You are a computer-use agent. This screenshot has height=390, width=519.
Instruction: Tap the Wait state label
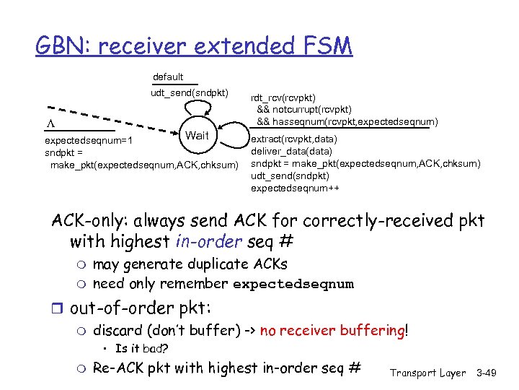(x=197, y=136)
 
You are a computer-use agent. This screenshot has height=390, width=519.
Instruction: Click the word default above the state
(x=168, y=77)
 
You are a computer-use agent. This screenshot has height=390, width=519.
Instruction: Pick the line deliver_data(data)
(x=291, y=151)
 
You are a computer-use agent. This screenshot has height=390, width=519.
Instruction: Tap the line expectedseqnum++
(x=295, y=188)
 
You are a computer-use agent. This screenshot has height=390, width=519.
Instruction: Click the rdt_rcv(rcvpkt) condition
(x=283, y=98)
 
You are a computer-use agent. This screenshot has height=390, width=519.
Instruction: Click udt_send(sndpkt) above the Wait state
(x=190, y=92)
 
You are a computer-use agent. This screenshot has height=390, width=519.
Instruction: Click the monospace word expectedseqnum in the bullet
(x=293, y=284)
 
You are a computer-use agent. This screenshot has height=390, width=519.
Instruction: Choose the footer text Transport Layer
(x=427, y=373)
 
